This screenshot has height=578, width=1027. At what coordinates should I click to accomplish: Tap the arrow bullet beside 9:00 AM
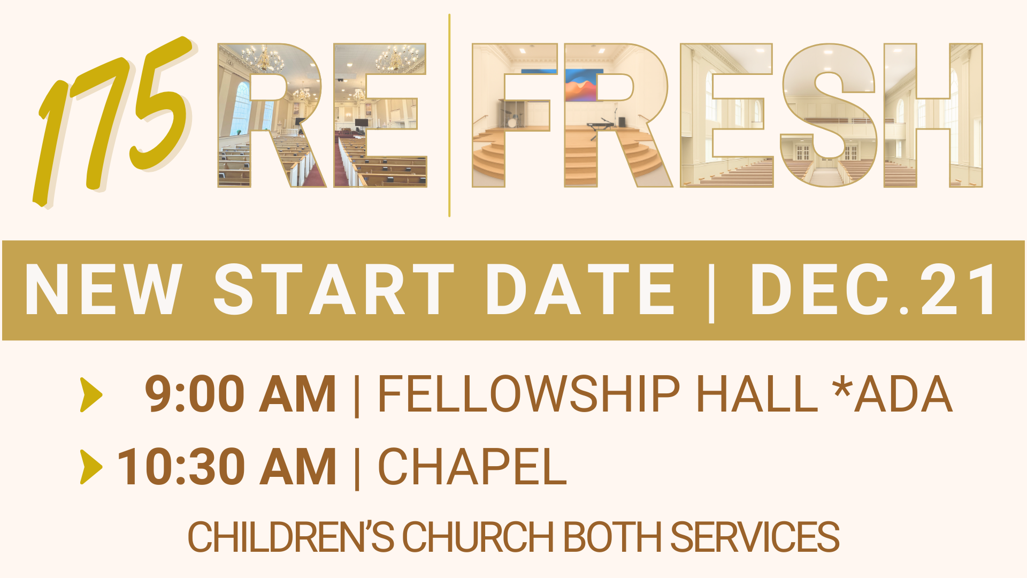[91, 395]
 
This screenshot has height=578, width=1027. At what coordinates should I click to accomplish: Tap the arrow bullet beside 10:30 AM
[91, 467]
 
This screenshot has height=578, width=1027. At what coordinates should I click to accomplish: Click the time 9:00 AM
[240, 394]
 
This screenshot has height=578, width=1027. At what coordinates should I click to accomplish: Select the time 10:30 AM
[226, 467]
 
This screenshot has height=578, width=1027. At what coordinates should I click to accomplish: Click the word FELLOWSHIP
[528, 394]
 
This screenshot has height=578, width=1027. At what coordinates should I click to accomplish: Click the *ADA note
[893, 394]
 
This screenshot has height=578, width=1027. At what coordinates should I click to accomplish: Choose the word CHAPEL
[472, 467]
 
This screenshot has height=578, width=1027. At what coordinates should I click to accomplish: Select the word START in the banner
[334, 289]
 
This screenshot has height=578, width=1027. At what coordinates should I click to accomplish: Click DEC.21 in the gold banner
[874, 289]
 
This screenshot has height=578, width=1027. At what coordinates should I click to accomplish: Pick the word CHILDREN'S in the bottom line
[290, 537]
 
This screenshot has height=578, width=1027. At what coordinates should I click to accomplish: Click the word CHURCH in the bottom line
[478, 537]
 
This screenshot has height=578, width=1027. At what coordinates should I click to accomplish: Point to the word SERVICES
[755, 537]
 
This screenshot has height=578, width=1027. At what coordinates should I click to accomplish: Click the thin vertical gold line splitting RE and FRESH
[449, 116]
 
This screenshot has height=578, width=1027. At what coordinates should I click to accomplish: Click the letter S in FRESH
[828, 115]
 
